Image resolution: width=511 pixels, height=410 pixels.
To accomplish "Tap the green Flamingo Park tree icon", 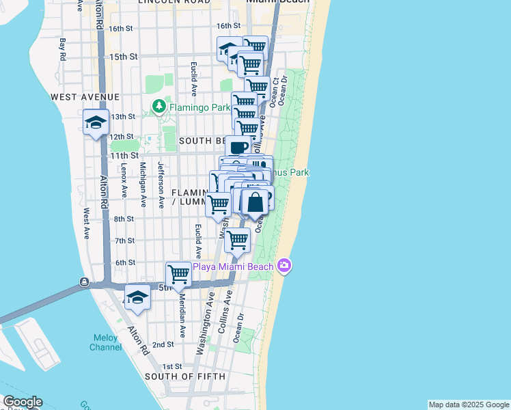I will pyautogui.click(x=159, y=107).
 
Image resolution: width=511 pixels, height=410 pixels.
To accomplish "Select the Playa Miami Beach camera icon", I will pyautogui.click(x=285, y=266).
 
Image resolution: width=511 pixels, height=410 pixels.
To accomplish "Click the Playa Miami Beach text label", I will pyautogui.click(x=234, y=266).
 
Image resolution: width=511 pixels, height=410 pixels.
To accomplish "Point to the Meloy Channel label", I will pyautogui.click(x=106, y=342).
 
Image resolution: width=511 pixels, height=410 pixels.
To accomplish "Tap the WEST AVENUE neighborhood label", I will pyautogui.click(x=85, y=98).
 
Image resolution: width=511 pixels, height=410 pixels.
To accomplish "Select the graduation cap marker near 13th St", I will pyautogui.click(x=96, y=123).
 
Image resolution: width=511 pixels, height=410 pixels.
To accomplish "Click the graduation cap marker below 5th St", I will pyautogui.click(x=137, y=297).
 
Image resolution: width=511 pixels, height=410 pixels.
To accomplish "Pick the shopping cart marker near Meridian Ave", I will pyautogui.click(x=179, y=274).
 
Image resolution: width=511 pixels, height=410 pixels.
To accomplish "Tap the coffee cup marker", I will pyautogui.click(x=238, y=146).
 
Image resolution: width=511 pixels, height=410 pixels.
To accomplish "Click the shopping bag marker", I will pyautogui.click(x=255, y=202).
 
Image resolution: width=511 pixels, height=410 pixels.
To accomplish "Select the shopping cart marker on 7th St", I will pyautogui.click(x=237, y=241).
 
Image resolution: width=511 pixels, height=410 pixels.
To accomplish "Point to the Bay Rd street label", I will pyautogui.click(x=62, y=49).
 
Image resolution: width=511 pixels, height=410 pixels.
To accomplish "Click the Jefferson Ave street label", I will pyautogui.click(x=161, y=184).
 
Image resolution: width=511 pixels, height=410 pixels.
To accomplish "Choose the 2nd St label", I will pyautogui.click(x=163, y=345).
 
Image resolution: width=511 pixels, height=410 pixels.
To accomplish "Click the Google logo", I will pyautogui.click(x=22, y=402).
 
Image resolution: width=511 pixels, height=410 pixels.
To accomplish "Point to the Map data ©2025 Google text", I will pyautogui.click(x=469, y=405).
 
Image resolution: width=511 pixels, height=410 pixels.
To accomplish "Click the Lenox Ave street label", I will pyautogui.click(x=124, y=179).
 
